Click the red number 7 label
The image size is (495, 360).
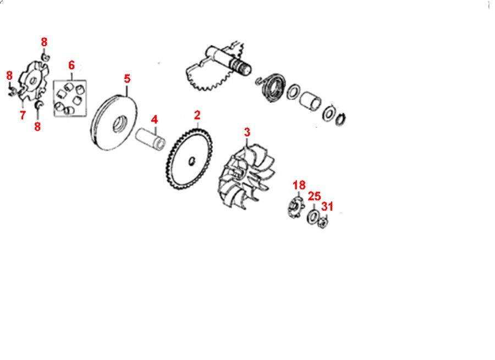click(23, 115)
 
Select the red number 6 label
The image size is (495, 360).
click(71, 65)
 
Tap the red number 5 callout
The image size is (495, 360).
click(127, 79)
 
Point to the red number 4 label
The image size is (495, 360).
click(154, 120)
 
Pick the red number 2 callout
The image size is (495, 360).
click(197, 115)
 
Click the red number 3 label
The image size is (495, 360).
click(247, 132)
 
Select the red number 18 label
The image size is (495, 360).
click(299, 185)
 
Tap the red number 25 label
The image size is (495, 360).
click(314, 196)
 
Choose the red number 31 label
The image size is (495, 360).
click(327, 206)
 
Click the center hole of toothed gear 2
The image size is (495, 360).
click(191, 161)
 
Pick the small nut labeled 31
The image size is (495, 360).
click(323, 223)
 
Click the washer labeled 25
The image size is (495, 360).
click(313, 217)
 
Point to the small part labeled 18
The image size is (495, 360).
click(295, 207)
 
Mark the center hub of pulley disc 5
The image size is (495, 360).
click(120, 125)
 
